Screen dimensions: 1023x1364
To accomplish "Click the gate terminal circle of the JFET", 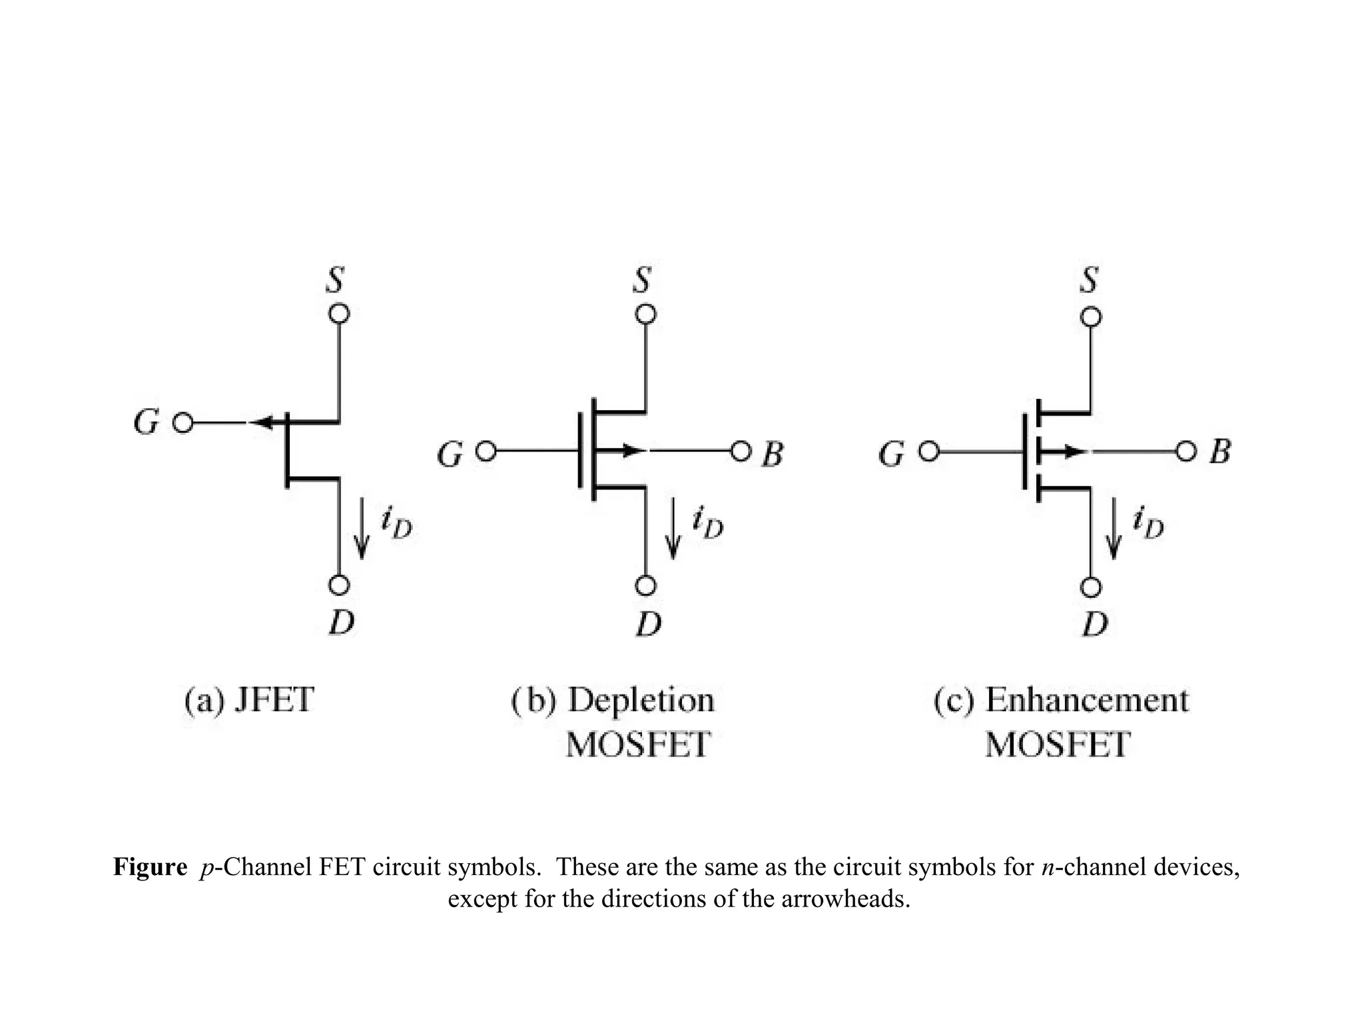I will click(x=182, y=423).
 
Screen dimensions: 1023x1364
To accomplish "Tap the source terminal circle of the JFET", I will click(x=339, y=314).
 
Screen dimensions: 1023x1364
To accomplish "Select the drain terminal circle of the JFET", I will click(x=339, y=585).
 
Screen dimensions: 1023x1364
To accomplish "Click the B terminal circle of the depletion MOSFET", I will click(x=741, y=452).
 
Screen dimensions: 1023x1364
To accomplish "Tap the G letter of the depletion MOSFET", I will click(x=450, y=455).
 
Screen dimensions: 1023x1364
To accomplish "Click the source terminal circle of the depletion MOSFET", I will click(x=645, y=314).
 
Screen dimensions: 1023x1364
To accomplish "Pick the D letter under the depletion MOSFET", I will click(x=649, y=624).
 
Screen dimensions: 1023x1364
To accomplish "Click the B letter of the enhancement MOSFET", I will click(x=1219, y=452).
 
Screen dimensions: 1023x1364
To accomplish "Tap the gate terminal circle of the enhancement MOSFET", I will click(x=928, y=452).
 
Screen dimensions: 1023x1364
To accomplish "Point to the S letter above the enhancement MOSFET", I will click(x=1089, y=280).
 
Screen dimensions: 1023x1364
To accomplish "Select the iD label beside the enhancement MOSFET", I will click(x=1148, y=523).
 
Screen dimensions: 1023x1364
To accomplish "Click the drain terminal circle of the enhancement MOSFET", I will click(x=1090, y=587).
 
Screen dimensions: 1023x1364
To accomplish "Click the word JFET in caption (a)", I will click(x=274, y=700).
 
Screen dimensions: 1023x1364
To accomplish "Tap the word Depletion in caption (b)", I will click(x=641, y=700).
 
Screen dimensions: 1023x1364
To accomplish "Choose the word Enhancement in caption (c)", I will click(x=1086, y=700).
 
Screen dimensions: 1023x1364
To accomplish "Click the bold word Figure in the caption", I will click(x=151, y=867).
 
